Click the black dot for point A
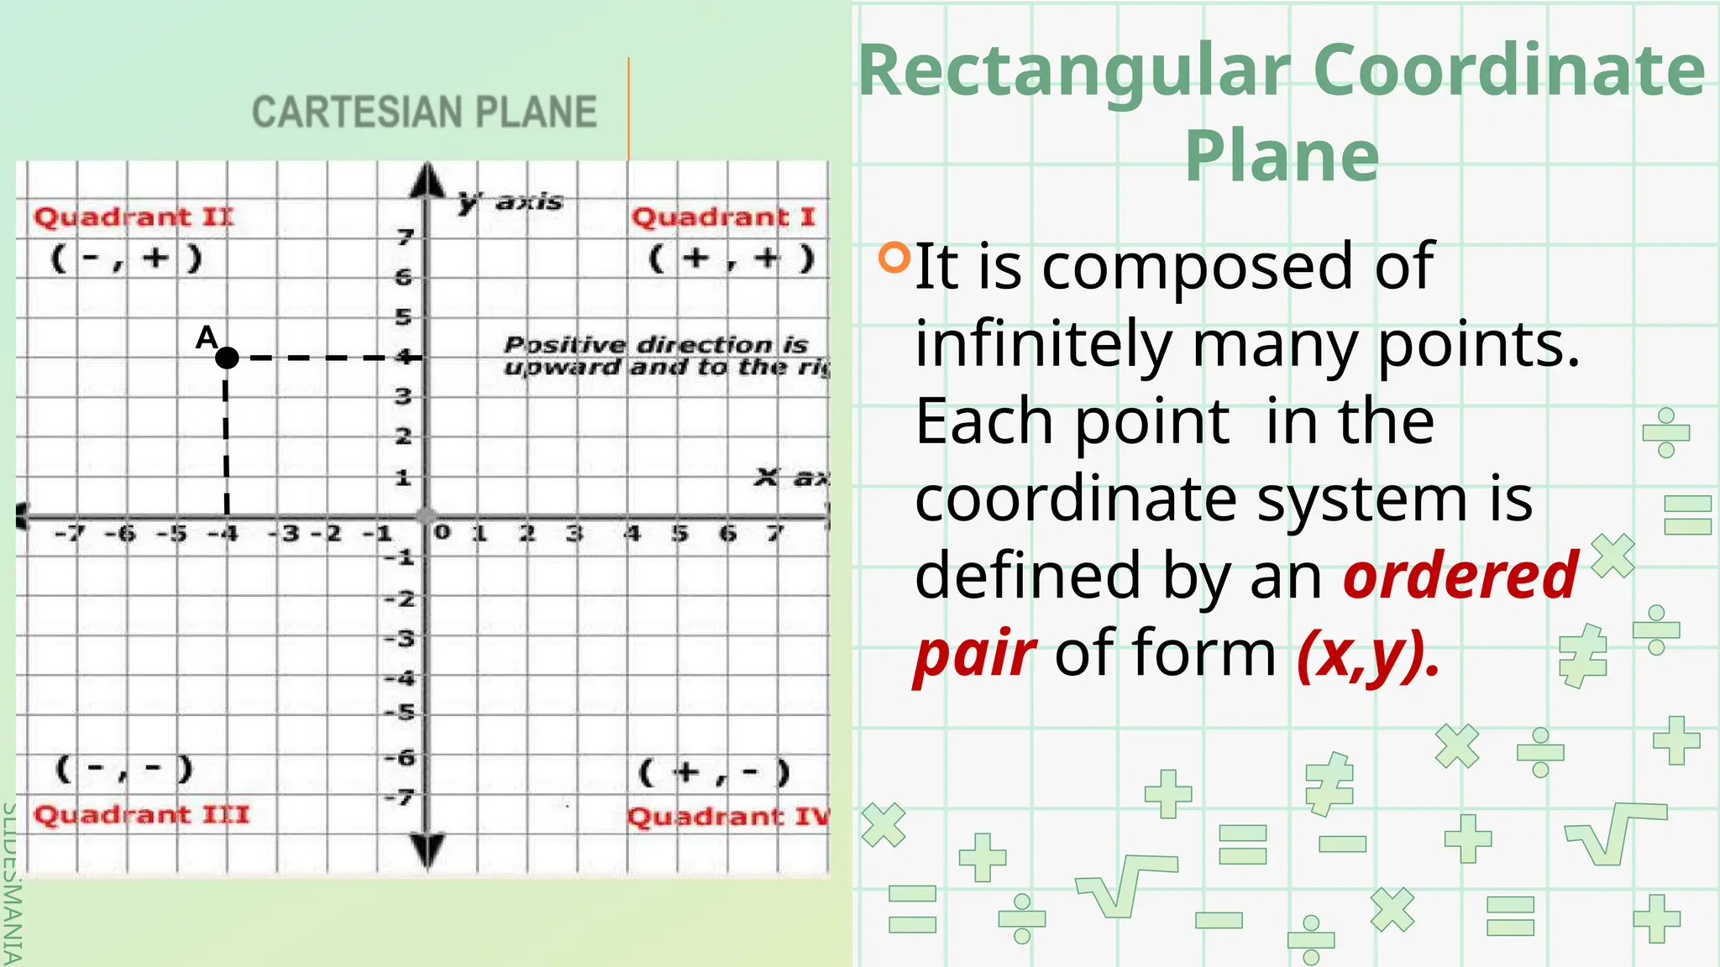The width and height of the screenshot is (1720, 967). point(227,358)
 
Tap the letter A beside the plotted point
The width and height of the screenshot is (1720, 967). point(207,337)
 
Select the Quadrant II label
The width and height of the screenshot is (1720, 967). point(134,217)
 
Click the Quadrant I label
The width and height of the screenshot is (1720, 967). point(723,217)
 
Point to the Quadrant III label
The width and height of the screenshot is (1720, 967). point(141,815)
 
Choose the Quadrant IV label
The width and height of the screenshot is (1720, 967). point(727,817)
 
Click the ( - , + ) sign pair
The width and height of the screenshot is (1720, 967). point(127,258)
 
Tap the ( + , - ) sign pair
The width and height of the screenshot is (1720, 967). point(715,771)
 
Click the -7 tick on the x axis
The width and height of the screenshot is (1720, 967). point(70,534)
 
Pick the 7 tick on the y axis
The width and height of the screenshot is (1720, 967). point(406,238)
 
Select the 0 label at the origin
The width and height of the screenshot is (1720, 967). point(442,532)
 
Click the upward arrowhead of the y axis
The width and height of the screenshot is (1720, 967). point(428,180)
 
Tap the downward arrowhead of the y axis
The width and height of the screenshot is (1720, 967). point(428,849)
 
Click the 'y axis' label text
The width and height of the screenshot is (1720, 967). point(511,201)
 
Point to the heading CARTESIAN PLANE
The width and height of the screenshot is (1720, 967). point(424,112)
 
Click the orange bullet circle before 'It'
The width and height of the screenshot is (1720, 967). point(894,258)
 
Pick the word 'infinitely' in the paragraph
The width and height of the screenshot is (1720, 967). point(1043,343)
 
